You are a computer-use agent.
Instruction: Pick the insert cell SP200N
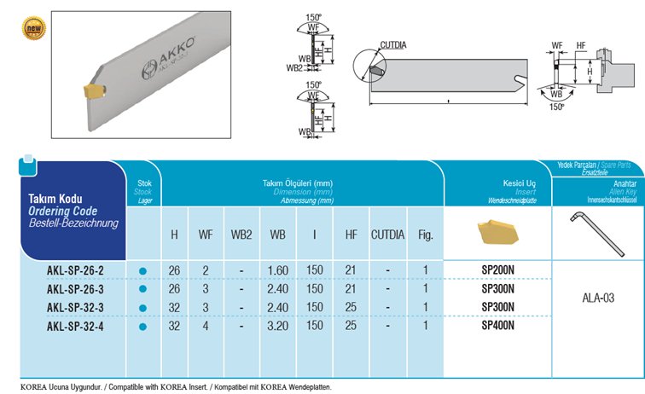(x=498, y=271)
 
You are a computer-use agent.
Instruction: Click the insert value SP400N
(x=498, y=327)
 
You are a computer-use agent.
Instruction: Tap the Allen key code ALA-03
(x=600, y=298)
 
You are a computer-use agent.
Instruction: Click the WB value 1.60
(x=277, y=271)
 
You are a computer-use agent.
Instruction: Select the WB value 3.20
(x=277, y=327)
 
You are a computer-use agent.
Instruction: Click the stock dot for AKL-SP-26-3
(x=143, y=290)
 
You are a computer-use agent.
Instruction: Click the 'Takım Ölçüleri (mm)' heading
(x=298, y=183)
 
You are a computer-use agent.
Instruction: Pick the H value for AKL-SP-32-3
(x=174, y=308)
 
